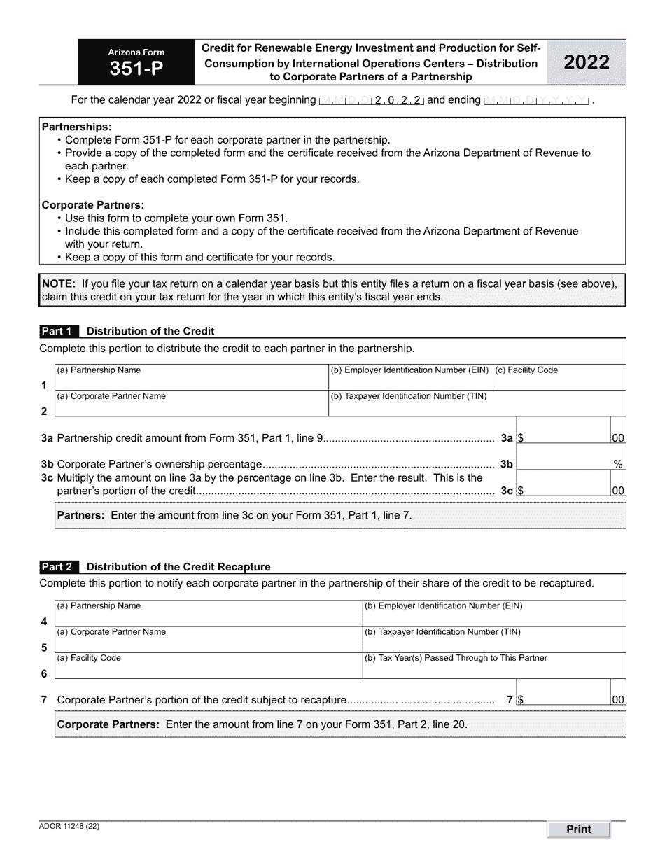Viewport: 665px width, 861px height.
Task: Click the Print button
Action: click(578, 829)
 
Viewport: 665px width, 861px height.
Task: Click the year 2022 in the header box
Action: click(587, 62)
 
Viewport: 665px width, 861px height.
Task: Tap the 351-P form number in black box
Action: click(136, 69)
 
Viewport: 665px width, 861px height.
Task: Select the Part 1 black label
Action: click(59, 331)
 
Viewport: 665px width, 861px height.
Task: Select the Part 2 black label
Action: click(59, 567)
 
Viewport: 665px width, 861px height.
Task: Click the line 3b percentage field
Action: click(563, 463)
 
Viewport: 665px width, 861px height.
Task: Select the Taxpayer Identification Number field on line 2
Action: click(477, 407)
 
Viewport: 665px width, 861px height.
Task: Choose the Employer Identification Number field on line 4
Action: click(493, 617)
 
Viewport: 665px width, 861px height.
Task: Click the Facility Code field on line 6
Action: click(208, 669)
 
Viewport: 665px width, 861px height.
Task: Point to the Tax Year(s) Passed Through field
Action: click(493, 669)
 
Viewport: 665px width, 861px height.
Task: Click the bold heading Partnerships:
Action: click(76, 127)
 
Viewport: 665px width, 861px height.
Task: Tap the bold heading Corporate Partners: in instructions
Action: click(93, 205)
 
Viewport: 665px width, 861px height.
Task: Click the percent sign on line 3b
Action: click(618, 464)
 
